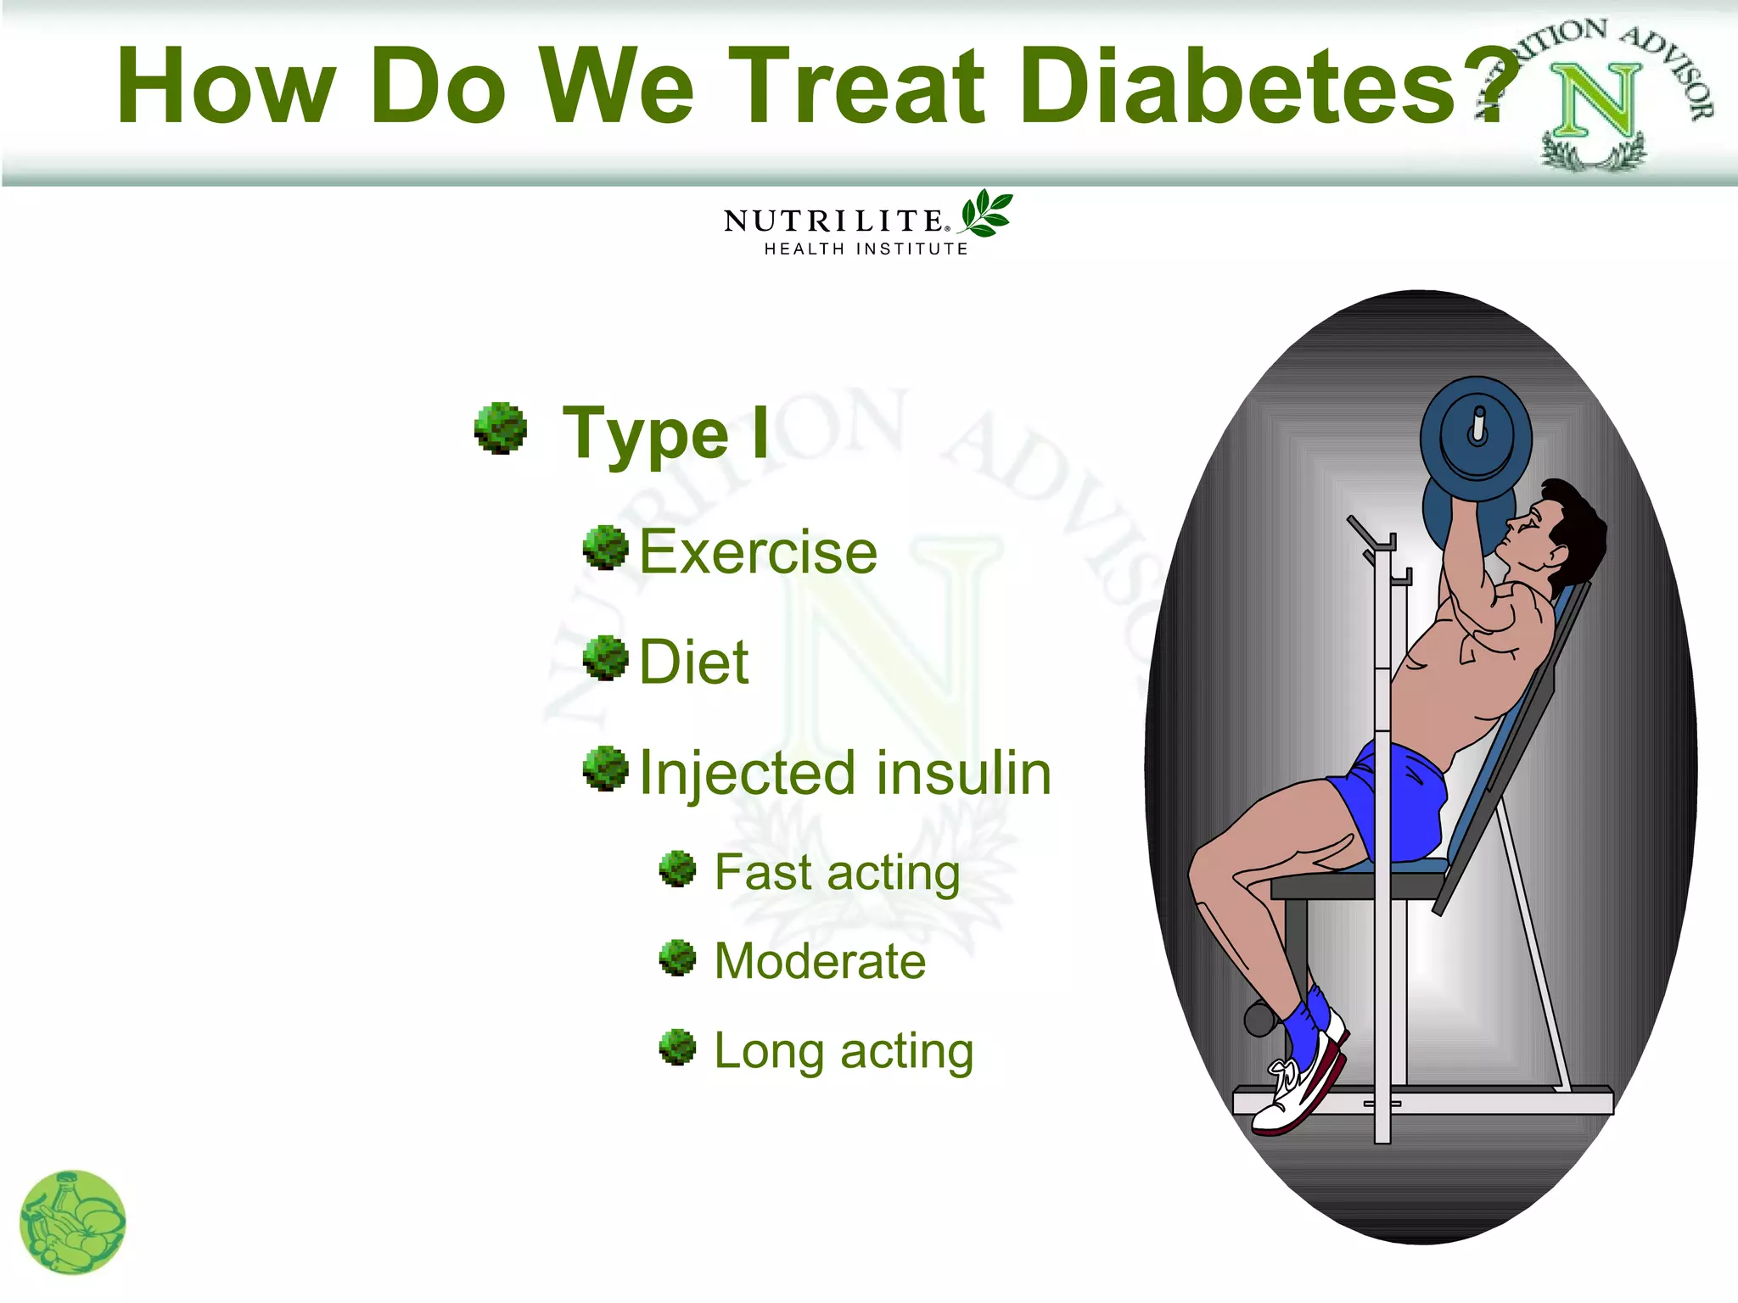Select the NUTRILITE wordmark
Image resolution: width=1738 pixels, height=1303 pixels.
point(833,221)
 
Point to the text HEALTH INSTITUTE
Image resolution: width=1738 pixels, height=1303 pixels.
point(866,249)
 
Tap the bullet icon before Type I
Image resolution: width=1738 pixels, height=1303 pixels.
point(501,428)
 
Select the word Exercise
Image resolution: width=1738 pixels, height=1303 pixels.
point(758,552)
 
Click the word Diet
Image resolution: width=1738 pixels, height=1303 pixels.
point(693,662)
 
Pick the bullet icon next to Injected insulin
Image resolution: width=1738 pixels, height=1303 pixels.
point(605,769)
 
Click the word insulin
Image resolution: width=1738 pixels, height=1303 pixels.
point(963,773)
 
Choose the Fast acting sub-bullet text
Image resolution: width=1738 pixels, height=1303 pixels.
point(837,872)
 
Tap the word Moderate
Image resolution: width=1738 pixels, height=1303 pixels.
point(820,961)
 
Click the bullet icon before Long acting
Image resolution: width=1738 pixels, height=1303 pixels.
point(677,1047)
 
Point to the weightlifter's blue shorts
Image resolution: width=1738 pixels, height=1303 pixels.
point(1400,797)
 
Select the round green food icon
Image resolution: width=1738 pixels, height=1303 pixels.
point(72,1222)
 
